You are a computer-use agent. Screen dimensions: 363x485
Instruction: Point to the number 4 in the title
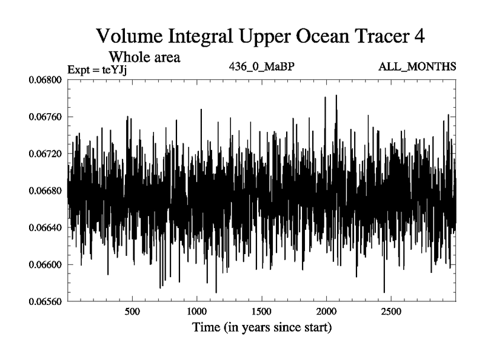tap(418, 36)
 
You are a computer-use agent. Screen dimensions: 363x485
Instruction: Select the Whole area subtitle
tap(145, 57)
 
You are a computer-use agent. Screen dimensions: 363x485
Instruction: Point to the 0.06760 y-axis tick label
tap(46, 117)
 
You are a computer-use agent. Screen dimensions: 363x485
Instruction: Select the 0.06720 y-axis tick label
tap(46, 154)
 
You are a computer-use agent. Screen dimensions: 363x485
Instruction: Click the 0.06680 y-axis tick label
tap(46, 191)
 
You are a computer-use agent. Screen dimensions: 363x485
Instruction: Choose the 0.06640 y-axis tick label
tap(46, 227)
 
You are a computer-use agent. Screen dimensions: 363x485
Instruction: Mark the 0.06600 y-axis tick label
tap(46, 264)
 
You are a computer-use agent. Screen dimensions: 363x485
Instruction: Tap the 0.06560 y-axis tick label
tap(46, 301)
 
